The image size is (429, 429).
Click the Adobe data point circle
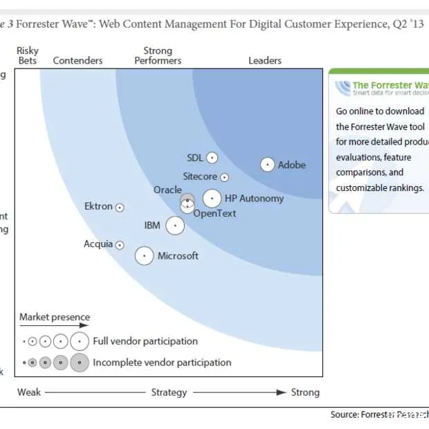pos(267,165)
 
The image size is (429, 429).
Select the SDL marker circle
pos(212,158)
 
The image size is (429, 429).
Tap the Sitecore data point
pos(224,178)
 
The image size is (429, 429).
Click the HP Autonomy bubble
pos(212,199)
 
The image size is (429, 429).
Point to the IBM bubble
pos(175,226)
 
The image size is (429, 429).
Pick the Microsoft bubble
pos(144,256)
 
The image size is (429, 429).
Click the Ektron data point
pos(120,207)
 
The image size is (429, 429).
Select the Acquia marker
pos(120,245)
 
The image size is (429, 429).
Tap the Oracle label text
pos(167,190)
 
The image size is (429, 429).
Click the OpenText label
pos(214,214)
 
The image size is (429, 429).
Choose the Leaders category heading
pos(265,61)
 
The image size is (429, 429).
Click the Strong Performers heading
pos(158,55)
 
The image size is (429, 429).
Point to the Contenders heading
pos(77,61)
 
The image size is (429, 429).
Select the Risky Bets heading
pos(28,55)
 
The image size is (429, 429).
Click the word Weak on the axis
pos(29,392)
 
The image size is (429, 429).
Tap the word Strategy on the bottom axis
pos(169,392)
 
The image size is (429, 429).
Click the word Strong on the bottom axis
pos(305,392)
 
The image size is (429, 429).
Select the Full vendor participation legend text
pos(145,341)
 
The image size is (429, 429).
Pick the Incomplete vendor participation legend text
pos(162,362)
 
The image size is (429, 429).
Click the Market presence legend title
pos(55,318)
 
